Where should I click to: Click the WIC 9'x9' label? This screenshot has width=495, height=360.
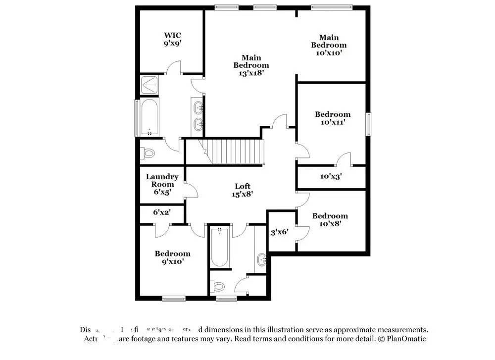pos(172,39)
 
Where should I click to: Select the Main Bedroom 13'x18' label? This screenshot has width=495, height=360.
pos(251,65)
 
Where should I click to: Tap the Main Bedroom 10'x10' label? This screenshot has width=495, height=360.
pos(329,45)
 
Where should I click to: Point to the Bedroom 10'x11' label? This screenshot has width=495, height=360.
pos(333,118)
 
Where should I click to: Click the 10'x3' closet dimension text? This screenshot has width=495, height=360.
pos(331,176)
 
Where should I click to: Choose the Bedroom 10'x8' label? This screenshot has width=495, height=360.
pos(330,219)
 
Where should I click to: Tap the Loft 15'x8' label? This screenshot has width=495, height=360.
pos(244,190)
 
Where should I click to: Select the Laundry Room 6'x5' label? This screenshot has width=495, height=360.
pos(162,184)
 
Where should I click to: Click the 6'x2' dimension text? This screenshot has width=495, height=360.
pos(161,212)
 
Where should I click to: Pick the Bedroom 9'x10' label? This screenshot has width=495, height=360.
pos(172,257)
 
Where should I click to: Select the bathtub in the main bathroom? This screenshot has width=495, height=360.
pos(149,117)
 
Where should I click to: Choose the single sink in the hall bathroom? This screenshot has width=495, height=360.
pos(262,258)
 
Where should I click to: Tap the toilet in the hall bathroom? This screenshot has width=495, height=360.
pos(219,286)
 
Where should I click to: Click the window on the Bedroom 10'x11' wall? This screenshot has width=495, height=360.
pos(368,123)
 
